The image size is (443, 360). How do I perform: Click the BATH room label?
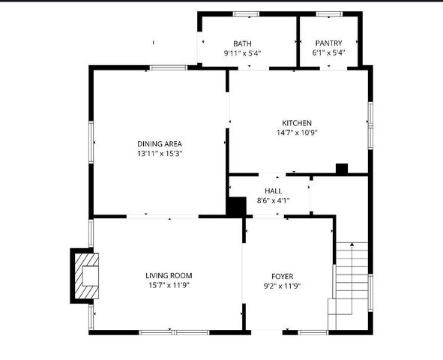242,43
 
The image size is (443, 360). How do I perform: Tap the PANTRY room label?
328,43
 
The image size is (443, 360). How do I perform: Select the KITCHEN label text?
297,123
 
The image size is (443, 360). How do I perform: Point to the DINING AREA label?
160,143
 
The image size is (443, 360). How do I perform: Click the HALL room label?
273,191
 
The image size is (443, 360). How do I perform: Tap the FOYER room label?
282,275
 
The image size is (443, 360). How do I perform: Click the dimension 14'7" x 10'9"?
297,133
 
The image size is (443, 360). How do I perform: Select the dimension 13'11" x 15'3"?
160,153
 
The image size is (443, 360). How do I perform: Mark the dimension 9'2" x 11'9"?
282,285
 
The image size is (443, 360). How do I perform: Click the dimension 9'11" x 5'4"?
242,53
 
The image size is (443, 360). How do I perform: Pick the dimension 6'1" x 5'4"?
328,53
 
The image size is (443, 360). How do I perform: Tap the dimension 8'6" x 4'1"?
273,201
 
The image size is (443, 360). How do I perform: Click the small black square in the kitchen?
342,169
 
